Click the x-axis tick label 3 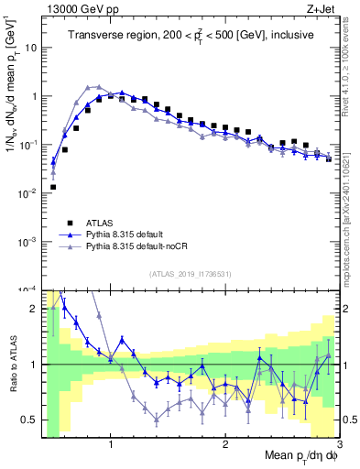coord(338,444)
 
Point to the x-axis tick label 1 coord(111,444)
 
